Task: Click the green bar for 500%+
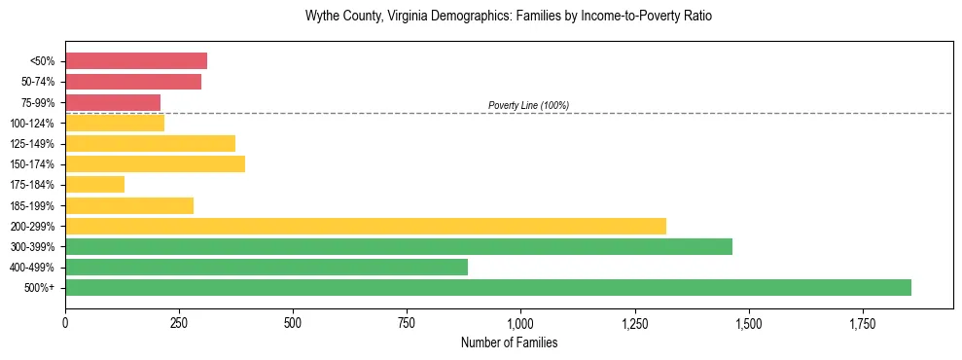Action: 487,287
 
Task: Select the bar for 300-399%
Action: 398,246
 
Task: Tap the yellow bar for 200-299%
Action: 365,226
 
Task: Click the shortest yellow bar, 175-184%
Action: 94,185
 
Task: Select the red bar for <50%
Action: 135,61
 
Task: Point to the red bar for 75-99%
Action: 112,102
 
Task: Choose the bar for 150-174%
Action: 155,164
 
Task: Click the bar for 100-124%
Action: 114,124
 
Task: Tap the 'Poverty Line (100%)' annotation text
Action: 528,105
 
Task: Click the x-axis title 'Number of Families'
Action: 509,342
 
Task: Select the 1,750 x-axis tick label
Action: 862,323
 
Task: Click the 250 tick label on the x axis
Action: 179,323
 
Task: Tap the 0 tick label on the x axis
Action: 65,323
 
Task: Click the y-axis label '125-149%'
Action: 32,144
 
